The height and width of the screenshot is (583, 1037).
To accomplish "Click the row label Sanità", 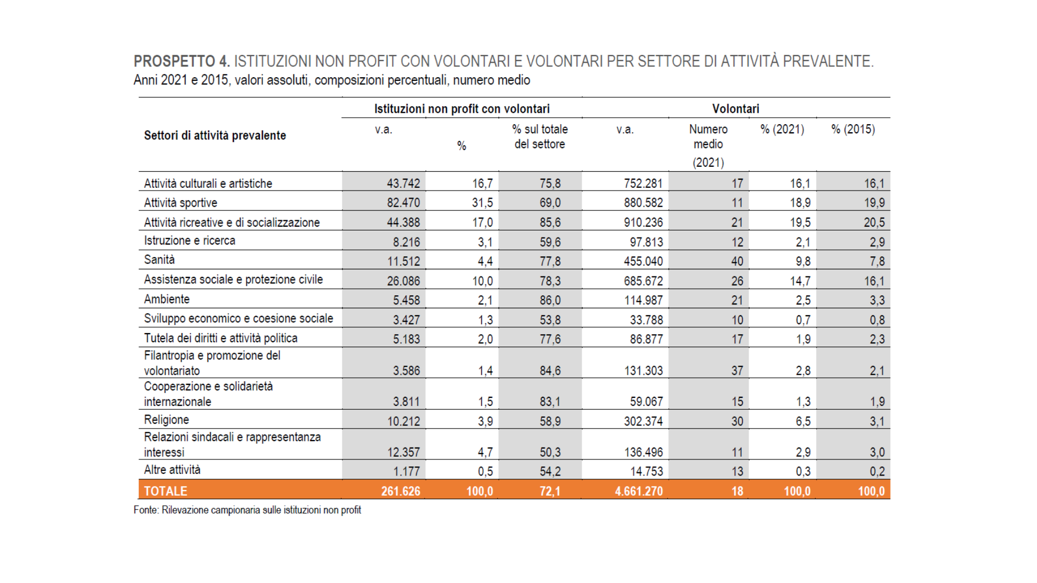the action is pos(159,260).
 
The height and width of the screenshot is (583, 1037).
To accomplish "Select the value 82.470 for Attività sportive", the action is pos(403,203).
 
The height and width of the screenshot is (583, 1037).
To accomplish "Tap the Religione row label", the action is pos(166,420).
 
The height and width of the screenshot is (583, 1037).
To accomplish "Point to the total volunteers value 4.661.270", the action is pos(639,491).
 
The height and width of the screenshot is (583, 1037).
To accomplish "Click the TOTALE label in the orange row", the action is pos(165,491).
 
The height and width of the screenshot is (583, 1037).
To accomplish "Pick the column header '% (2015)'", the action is pos(853,130).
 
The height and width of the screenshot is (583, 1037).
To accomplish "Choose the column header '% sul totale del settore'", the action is pos(540,137).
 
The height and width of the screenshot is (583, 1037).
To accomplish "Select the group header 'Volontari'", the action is pos(736,109).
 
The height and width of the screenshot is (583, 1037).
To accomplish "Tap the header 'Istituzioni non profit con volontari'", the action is pos(462,109).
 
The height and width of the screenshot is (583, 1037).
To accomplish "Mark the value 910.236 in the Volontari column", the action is pos(643,222).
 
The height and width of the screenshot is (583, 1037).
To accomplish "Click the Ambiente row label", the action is pos(167,299).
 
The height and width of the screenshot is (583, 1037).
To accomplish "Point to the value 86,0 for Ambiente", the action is pos(550,300).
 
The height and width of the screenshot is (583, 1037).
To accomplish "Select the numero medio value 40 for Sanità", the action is pos(737,261).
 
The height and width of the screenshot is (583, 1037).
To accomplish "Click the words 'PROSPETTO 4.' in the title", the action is pos(182,62).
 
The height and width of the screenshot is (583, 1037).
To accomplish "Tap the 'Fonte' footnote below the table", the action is pos(247,510).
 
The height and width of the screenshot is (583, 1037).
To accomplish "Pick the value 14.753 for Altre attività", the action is pos(647,471).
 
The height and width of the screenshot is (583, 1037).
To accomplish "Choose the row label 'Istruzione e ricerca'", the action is pos(190,241).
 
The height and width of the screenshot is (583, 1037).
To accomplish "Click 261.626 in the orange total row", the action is pos(400,491).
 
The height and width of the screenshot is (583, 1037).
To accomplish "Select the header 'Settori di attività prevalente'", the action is pos(215,135).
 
